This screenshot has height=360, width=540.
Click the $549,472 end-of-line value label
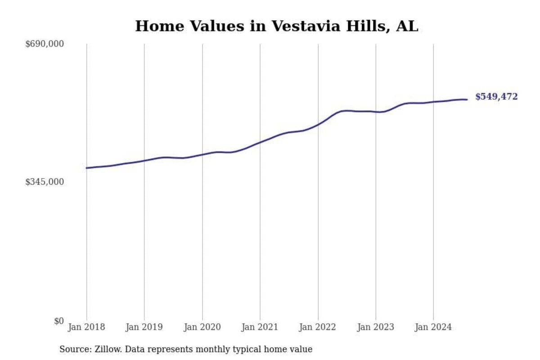[496, 97]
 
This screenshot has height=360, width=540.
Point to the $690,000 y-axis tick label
[45, 44]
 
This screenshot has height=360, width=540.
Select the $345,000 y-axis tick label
[45, 182]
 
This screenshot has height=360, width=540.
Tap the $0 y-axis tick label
[59, 321]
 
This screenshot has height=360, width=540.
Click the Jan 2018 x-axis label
[86, 327]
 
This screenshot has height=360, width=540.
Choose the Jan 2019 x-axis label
[144, 327]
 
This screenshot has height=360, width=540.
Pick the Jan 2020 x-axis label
[202, 327]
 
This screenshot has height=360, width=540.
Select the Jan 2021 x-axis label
[260, 327]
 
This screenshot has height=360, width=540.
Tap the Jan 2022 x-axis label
[318, 327]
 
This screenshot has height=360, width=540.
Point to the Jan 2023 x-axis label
[375, 327]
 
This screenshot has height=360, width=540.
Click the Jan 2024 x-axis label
[433, 327]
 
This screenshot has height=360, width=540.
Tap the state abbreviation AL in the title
[407, 26]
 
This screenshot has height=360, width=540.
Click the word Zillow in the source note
[106, 349]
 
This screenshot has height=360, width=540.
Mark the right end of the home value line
[467, 99]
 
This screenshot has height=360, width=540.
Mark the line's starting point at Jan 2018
[86, 168]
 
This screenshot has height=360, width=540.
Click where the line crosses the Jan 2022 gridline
[318, 124]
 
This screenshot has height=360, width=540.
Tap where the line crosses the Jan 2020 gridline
[202, 154]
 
